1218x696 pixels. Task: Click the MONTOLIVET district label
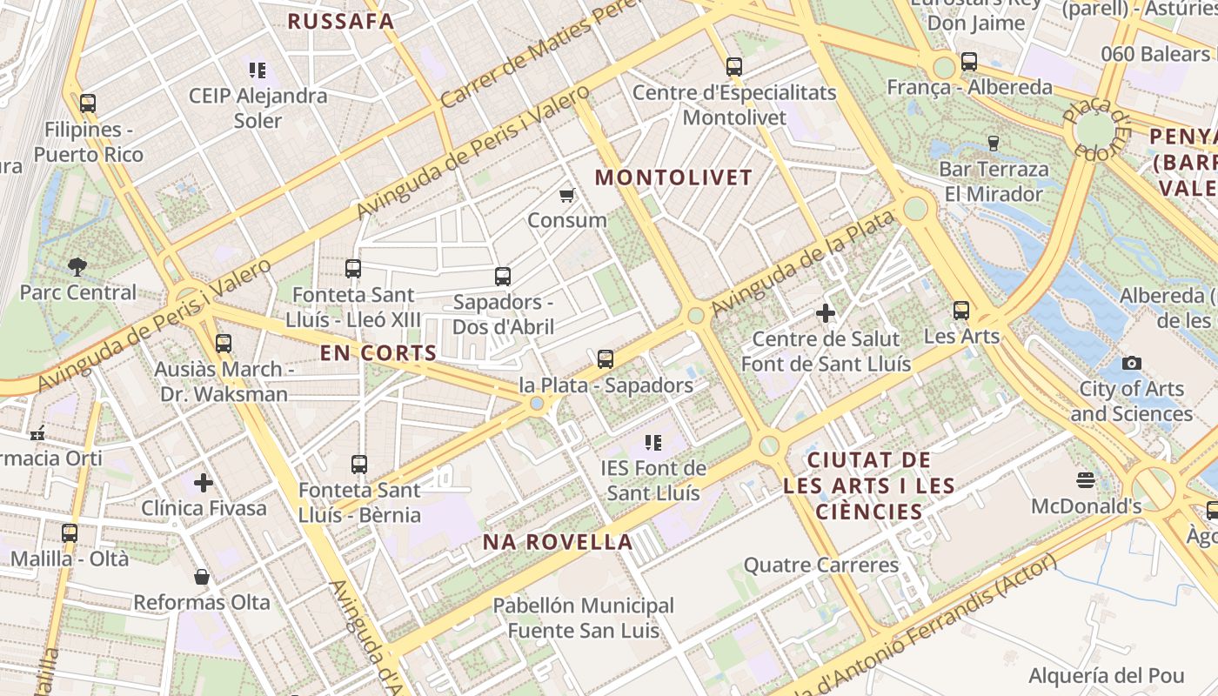pos(673,177)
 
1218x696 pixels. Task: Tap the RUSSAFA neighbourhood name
pos(341,22)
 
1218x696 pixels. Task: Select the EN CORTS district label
pos(378,352)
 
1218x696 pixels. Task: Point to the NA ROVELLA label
pos(558,542)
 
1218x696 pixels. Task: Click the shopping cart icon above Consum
pos(567,195)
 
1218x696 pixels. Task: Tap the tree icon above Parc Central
pos(77,266)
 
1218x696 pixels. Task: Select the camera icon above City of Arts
pos(1131,363)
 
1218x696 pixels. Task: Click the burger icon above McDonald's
pos(1085,480)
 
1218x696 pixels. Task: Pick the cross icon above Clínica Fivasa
pos(204,482)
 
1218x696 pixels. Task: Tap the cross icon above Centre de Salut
pos(826,312)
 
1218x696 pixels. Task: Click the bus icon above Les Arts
pos(961,310)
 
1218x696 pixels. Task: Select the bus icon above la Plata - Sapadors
pos(606,358)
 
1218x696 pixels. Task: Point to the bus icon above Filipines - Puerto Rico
pos(87,104)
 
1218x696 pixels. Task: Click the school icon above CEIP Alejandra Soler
pos(257,70)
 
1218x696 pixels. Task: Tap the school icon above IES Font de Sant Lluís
pos(653,443)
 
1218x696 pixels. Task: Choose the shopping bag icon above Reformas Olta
pos(202,577)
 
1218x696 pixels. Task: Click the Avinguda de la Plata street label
pos(802,264)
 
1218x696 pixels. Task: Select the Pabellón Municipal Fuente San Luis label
pos(583,618)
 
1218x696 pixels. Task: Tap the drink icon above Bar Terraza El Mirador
pos(994,143)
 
